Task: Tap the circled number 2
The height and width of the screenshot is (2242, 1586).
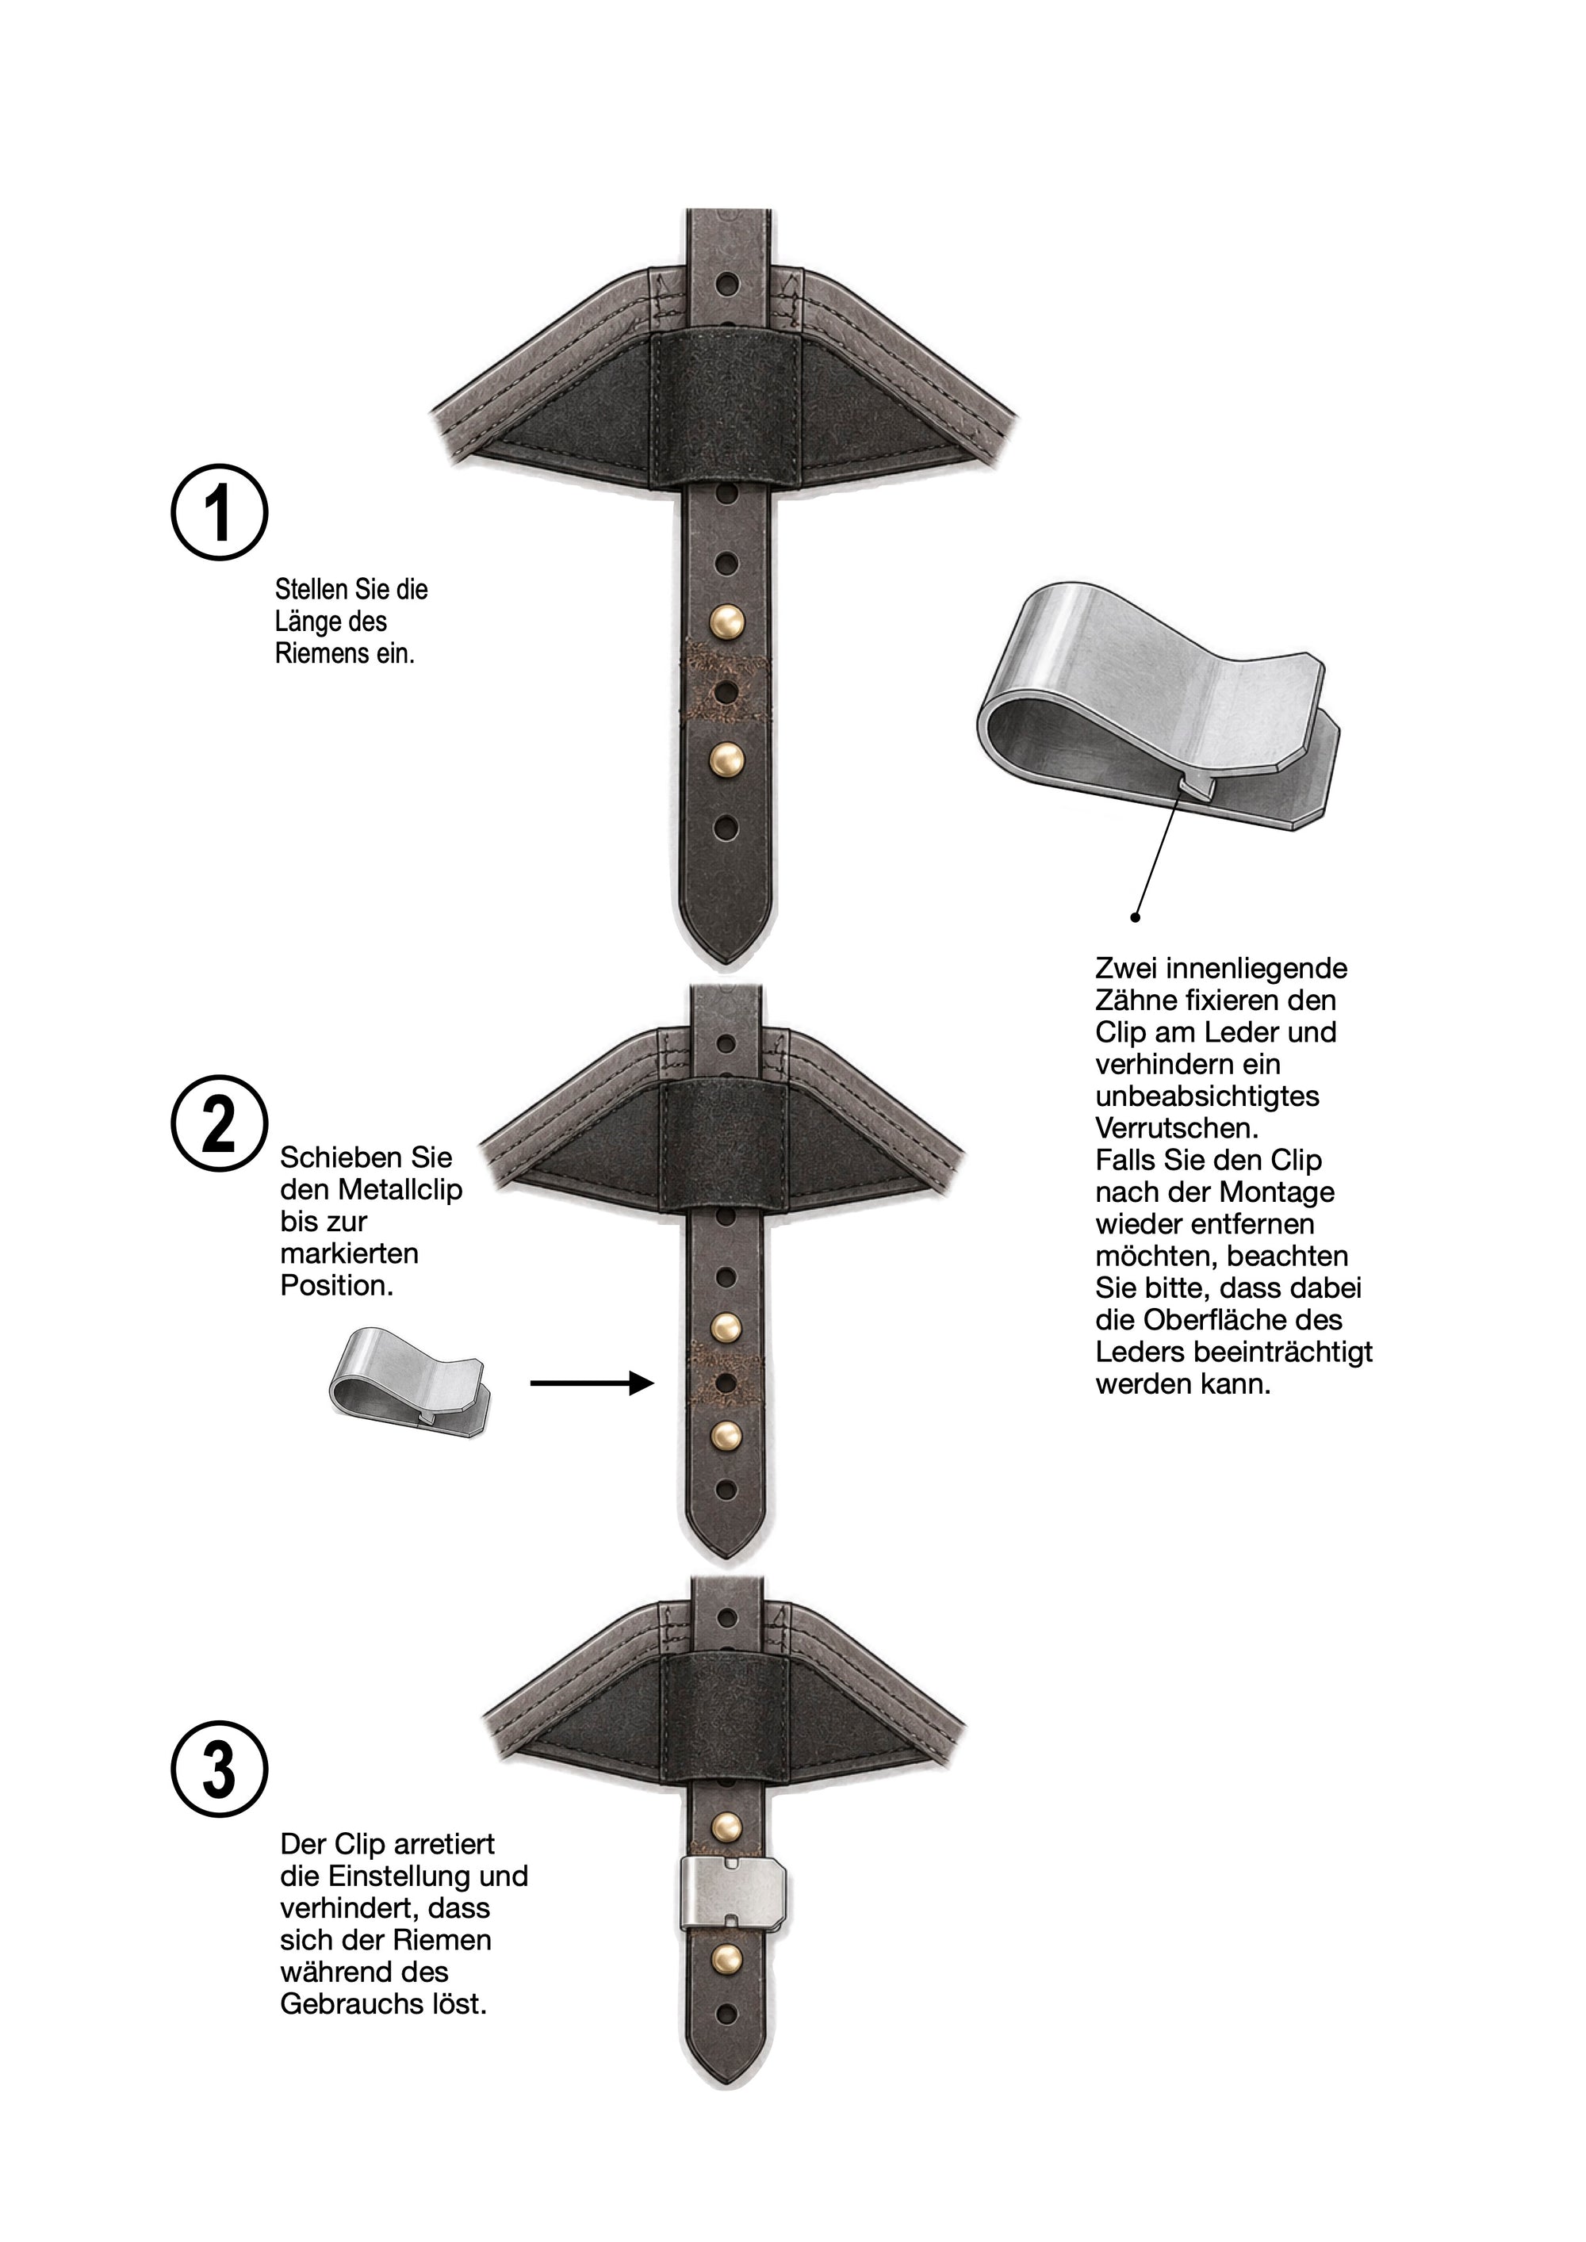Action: pyautogui.click(x=219, y=1124)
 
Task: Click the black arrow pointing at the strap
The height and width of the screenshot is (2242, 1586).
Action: pyautogui.click(x=592, y=1383)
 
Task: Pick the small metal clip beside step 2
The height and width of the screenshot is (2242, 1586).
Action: pyautogui.click(x=409, y=1383)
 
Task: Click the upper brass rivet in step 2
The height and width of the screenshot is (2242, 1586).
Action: pyautogui.click(x=724, y=1326)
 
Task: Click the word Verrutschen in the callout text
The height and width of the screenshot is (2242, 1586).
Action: pyautogui.click(x=1178, y=1128)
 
